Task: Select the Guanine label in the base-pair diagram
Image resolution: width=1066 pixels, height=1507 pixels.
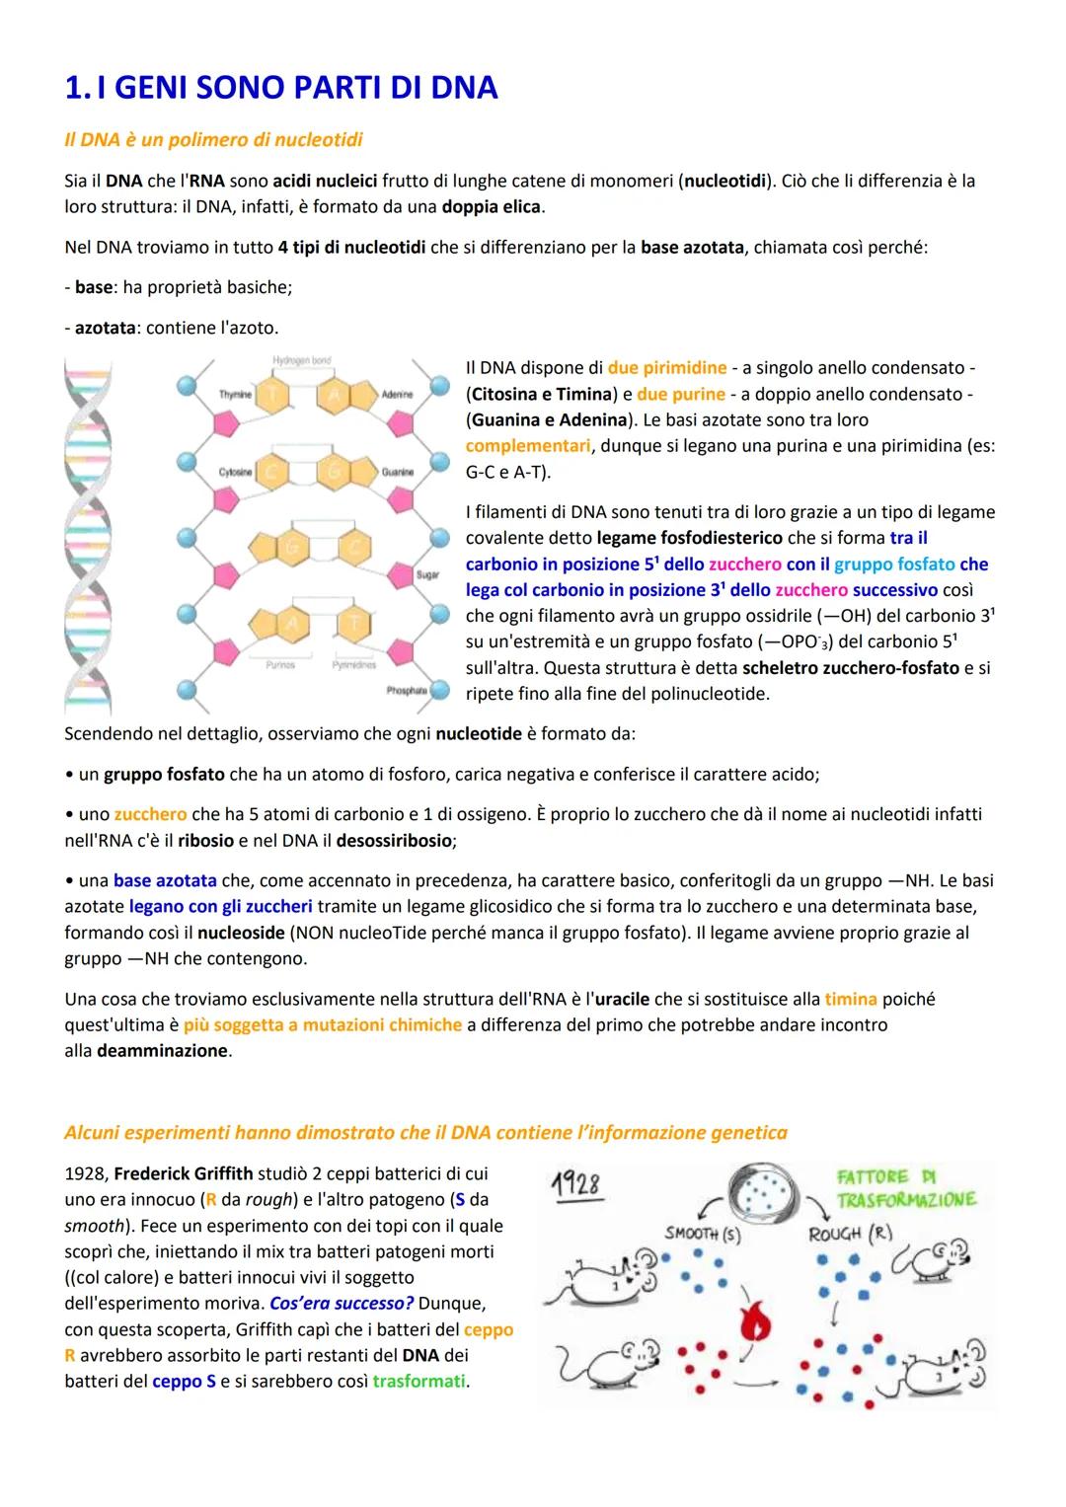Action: coord(398,472)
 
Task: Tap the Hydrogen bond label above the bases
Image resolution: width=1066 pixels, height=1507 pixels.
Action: coord(301,361)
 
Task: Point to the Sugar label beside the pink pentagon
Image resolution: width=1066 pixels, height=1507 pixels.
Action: coord(428,573)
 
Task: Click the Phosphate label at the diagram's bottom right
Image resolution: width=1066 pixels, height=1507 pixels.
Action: coord(407,691)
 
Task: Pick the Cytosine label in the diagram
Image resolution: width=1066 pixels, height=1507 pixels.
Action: coord(237,472)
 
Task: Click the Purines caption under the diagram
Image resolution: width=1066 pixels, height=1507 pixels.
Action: coord(280,665)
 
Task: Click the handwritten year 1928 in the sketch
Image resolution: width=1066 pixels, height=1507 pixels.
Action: coord(577,1183)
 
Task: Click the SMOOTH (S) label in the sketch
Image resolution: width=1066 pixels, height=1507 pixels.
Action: coord(703,1234)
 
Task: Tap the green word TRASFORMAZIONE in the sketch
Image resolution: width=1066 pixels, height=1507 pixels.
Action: coord(906,1199)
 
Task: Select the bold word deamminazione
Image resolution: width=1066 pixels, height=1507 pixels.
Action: coord(162,1051)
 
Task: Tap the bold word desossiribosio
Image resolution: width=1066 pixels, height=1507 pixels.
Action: coord(393,842)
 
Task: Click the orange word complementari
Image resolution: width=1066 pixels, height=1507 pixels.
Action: coord(528,445)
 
